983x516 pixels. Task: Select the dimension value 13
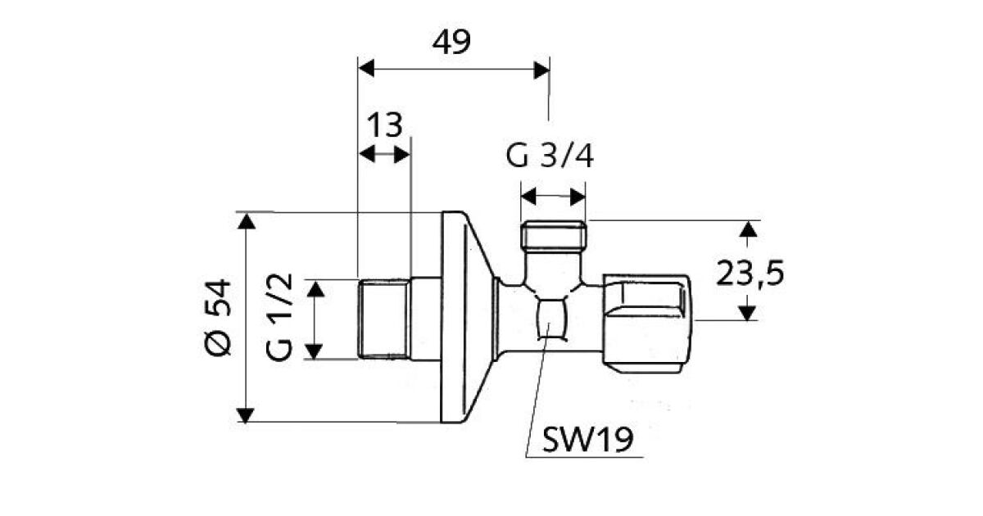coord(383,125)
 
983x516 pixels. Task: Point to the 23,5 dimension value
coord(750,274)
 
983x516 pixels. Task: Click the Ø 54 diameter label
coord(220,317)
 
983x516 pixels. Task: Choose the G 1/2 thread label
coord(280,318)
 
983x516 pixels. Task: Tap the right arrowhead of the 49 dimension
coord(541,69)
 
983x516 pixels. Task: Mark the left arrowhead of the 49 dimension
coord(366,69)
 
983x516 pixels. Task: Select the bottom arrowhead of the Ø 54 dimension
coord(245,415)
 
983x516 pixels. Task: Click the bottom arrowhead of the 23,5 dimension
coord(746,313)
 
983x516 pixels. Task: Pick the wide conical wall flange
coord(464,318)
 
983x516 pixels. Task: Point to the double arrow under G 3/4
coord(554,197)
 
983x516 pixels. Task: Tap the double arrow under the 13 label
coord(384,154)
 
